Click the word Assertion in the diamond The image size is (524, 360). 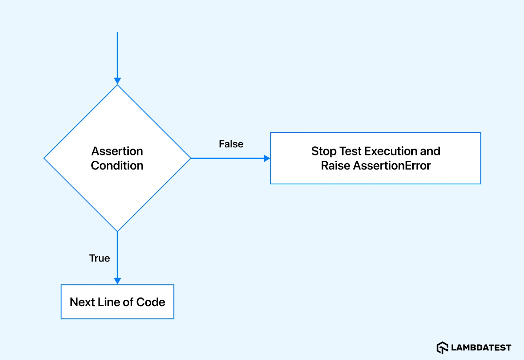pos(117,151)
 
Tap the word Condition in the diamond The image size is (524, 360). pos(117,166)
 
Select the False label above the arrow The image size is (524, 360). pos(231,144)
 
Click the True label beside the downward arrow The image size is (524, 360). pos(100,258)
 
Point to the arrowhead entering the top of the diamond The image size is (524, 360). pos(117,81)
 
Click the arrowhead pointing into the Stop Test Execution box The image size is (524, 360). pos(267,158)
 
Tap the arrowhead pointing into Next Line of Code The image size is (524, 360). pos(117,281)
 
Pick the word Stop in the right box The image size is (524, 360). pos(324,151)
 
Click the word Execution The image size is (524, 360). pos(390,151)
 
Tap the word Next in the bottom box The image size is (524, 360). pos(82,302)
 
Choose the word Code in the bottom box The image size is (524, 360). pos(151,302)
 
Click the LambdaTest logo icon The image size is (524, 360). pos(442,348)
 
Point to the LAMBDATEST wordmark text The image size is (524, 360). pos(481,348)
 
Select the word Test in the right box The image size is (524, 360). pos(350,151)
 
